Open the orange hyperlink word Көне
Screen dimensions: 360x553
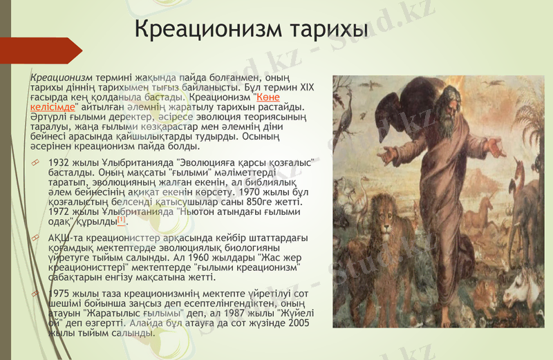click(268, 97)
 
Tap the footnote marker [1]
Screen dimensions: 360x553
click(122, 220)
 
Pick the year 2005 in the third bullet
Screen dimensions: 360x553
click(298, 322)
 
